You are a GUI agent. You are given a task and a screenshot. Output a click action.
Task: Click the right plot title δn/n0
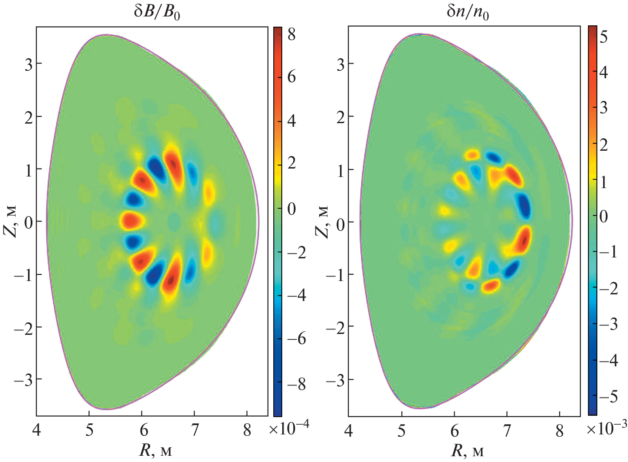[x=468, y=12]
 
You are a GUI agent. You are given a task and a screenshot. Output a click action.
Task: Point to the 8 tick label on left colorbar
[x=292, y=35]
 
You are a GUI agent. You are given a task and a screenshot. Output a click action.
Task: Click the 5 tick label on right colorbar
[x=604, y=37]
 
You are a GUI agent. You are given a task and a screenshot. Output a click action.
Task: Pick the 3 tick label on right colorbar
[x=604, y=108]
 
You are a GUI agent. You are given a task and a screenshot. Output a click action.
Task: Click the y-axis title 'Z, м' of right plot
[x=323, y=221]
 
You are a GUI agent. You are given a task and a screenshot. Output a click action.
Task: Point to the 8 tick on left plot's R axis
[x=247, y=430]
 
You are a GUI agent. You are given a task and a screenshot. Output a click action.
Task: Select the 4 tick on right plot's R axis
[x=349, y=430]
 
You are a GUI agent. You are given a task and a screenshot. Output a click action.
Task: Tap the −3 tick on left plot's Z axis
[x=24, y=379]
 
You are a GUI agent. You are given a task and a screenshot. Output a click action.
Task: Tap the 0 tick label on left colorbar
[x=292, y=209]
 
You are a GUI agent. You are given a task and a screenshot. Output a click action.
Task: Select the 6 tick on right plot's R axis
[x=454, y=430]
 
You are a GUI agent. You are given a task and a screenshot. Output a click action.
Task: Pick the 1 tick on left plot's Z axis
[x=28, y=169]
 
